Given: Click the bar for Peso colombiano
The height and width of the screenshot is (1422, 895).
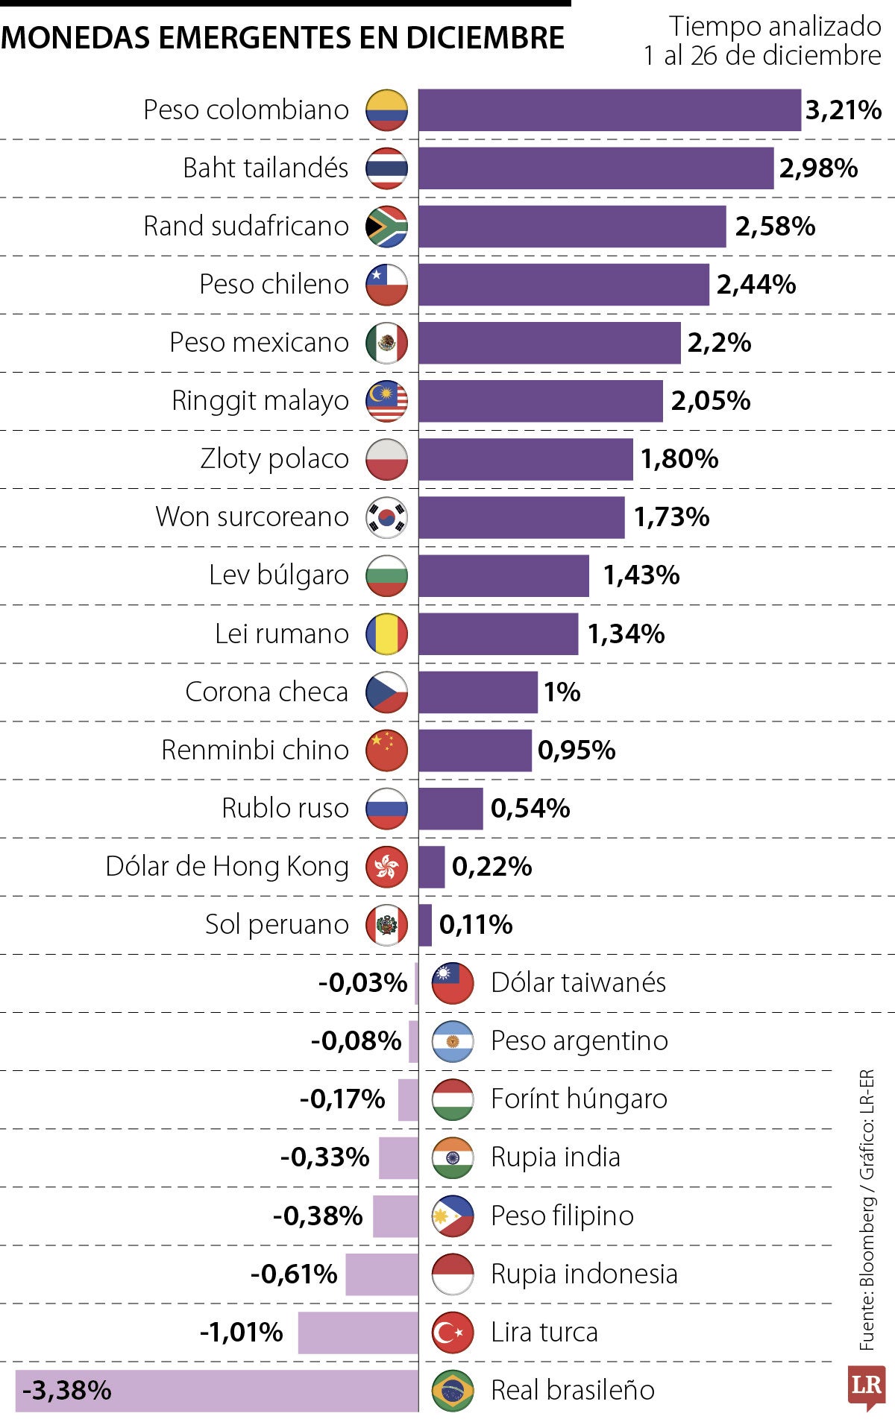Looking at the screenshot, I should coord(609,110).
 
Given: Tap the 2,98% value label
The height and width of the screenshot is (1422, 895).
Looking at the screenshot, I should coord(818,168).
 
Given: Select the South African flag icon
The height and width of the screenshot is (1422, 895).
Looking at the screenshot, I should coord(386,227).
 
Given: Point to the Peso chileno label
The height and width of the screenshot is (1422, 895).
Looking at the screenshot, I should coord(274,284).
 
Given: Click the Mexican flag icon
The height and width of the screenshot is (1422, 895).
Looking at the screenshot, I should coord(386,343).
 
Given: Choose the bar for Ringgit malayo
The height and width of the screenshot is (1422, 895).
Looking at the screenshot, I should coord(540,401).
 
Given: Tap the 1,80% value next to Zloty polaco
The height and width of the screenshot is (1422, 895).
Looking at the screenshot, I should coord(679,459).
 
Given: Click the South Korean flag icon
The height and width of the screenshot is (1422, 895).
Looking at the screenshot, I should coord(386,517).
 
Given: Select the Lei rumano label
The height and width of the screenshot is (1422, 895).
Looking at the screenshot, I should coord(281,634).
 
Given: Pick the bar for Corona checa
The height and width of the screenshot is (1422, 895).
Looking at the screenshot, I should coord(477,692).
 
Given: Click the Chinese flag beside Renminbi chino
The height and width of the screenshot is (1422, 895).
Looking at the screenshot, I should coord(386,750).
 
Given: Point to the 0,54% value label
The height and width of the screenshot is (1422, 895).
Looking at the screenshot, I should coord(530,809).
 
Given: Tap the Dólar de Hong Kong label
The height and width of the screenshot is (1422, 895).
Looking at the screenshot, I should coord(227,867).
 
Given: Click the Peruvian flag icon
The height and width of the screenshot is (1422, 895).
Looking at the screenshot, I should coord(386,925).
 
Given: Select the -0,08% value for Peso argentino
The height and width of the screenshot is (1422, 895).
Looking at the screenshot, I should coord(356,1041).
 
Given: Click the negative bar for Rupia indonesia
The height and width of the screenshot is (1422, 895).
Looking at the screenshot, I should coord(382,1274).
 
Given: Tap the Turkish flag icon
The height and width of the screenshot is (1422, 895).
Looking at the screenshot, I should coord(453,1333).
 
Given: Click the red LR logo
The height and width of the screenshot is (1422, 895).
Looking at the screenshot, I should coord(867,1386).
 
